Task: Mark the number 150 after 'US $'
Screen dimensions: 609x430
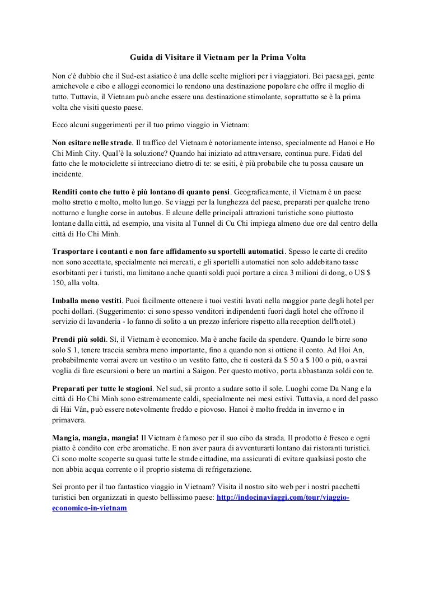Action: [x=58, y=283]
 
